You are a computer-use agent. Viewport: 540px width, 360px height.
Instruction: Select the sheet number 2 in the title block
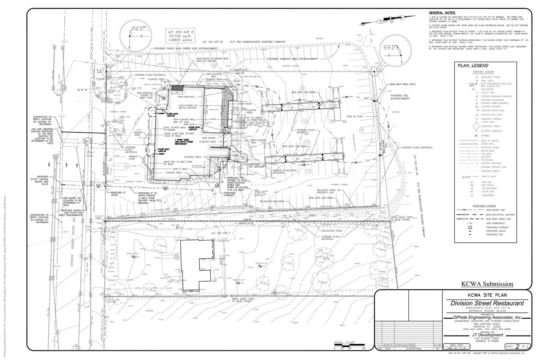pyautogui.click(x=517, y=346)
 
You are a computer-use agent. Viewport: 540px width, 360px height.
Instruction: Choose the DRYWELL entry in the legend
pyautogui.click(x=486, y=136)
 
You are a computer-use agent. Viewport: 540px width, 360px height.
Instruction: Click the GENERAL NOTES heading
pyautogui.click(x=440, y=13)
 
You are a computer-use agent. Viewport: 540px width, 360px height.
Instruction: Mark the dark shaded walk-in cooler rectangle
pyautogui.click(x=177, y=87)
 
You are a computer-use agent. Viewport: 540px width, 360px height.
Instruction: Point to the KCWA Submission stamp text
pyautogui.click(x=487, y=284)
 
